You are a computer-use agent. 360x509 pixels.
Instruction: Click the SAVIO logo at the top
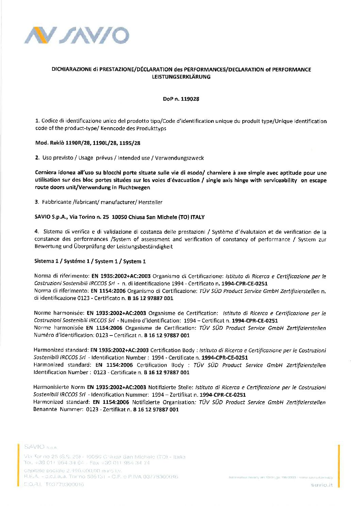pos(77,35)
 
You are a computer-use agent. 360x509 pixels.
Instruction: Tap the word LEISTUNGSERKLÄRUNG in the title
pos(181,77)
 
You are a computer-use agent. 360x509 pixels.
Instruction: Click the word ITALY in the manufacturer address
pos(197,217)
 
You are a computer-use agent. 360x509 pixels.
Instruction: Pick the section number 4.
pos(36,232)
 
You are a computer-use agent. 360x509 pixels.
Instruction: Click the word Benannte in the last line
pos(45,410)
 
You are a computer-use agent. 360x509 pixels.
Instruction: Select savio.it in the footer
pos(322,485)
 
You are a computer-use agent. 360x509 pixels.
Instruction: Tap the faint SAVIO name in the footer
pos(34,446)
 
